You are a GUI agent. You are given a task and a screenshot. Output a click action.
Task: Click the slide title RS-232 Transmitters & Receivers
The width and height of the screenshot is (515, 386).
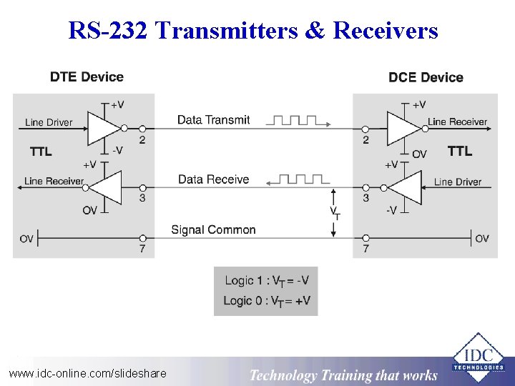[x=253, y=31]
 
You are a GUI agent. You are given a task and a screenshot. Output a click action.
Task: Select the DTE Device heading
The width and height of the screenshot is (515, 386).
[x=87, y=77]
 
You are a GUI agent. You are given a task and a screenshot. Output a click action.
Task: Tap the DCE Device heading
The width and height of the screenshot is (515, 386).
[x=426, y=77]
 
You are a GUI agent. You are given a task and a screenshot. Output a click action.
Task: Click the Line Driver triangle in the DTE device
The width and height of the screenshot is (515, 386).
[x=103, y=128]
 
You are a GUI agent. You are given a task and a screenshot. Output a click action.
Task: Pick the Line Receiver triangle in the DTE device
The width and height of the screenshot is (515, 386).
[x=100, y=187]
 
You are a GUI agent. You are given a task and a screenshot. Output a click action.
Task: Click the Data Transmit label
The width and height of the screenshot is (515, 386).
[x=213, y=120]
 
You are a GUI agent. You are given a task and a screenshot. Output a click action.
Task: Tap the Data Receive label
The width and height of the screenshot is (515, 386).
[x=213, y=179]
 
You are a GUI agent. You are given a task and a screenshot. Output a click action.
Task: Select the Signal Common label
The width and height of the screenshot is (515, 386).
[x=213, y=229]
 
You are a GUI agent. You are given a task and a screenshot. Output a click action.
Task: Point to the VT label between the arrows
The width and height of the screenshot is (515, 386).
[x=334, y=212]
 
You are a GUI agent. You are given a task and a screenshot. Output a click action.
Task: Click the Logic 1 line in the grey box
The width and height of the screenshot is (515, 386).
[x=266, y=281]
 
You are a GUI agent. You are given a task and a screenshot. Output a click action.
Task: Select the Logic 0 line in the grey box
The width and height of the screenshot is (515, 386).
[x=266, y=301]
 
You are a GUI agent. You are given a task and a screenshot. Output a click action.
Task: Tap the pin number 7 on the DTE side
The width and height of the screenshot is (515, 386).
[x=142, y=249]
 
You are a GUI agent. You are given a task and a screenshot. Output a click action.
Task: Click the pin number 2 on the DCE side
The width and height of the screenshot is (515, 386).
[x=366, y=140]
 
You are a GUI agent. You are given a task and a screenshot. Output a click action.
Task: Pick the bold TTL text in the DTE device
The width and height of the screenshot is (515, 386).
[x=41, y=152]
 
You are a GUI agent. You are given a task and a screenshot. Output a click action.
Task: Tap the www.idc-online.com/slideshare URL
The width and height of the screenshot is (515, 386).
[x=87, y=373]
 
